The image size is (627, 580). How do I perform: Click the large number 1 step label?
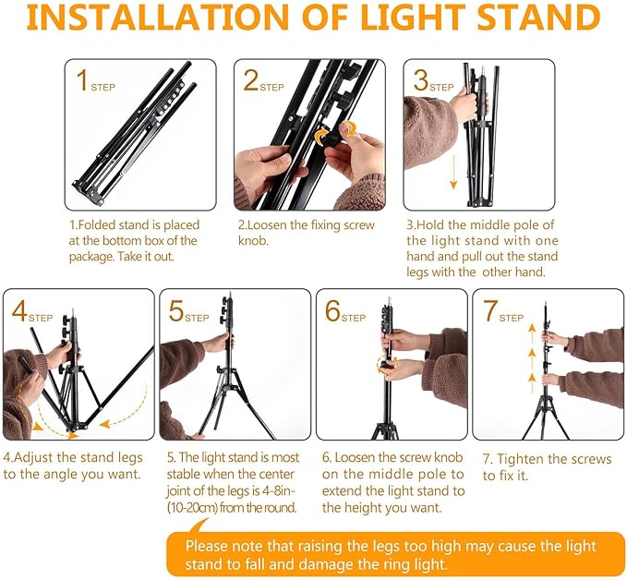pyautogui.click(x=82, y=82)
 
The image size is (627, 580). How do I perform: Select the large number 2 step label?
pyautogui.click(x=250, y=82)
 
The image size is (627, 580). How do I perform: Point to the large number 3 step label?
pyautogui.click(x=421, y=82)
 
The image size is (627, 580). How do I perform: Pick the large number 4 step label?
pyautogui.click(x=19, y=311)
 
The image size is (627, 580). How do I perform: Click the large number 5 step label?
pyautogui.click(x=176, y=311)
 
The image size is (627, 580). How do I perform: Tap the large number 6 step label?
pyautogui.click(x=333, y=311)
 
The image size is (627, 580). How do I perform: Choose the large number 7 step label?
pyautogui.click(x=490, y=311)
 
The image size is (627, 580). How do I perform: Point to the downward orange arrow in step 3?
pyautogui.click(x=453, y=172)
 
